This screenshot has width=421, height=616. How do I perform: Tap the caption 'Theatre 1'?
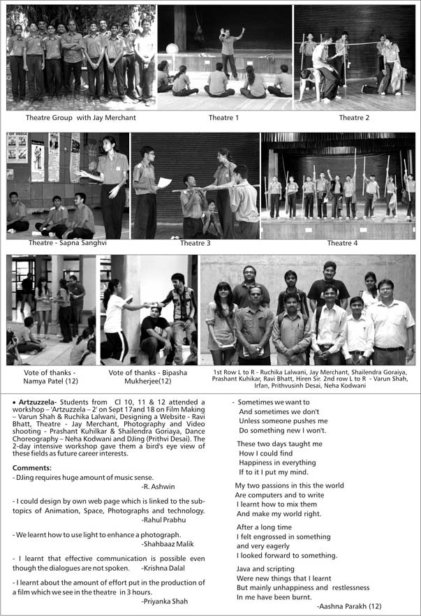[x=223, y=117]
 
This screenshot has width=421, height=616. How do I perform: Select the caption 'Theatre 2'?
[x=354, y=117]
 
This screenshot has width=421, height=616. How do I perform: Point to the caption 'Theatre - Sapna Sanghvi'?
[x=68, y=243]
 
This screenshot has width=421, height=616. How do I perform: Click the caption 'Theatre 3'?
[x=195, y=243]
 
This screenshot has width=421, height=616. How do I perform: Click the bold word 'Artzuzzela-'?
[x=38, y=402]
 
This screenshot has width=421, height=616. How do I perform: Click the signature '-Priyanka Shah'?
[x=164, y=601]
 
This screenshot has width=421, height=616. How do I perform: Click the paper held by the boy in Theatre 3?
[x=163, y=182]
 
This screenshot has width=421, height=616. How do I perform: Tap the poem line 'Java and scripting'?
[x=266, y=569]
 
